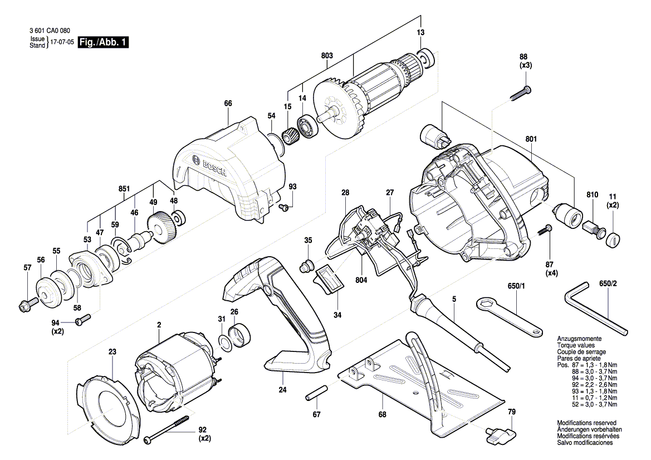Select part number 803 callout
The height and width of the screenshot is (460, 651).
pyautogui.click(x=327, y=56)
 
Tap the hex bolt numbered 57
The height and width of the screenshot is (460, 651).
pyautogui.click(x=27, y=305)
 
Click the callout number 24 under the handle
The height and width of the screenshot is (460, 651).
pyautogui.click(x=282, y=390)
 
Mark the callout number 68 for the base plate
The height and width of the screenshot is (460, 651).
pyautogui.click(x=382, y=414)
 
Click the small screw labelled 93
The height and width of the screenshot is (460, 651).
pyautogui.click(x=283, y=207)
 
